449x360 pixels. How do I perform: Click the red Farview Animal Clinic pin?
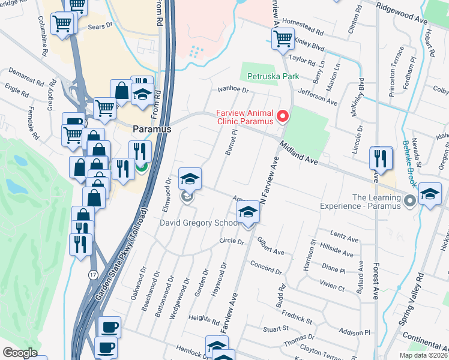283,115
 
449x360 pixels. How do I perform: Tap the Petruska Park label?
268,77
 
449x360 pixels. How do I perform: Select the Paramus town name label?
152,129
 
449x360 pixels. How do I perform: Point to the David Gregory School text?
200,223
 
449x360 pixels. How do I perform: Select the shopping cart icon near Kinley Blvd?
283,40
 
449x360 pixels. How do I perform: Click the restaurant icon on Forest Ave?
381,158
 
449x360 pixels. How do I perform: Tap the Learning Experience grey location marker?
410,200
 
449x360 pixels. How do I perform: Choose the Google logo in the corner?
20,352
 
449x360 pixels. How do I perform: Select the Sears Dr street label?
100,26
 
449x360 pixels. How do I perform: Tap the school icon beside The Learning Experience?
430,193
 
